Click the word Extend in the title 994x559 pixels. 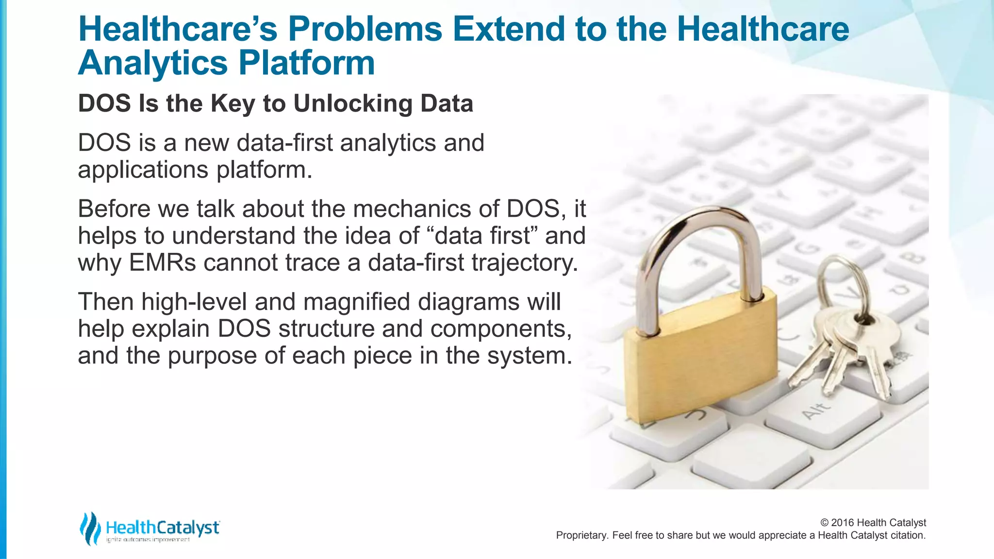coord(509,29)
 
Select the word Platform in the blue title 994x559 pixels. coord(306,63)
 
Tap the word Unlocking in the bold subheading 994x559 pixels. coord(353,103)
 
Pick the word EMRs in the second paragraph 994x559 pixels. coord(163,263)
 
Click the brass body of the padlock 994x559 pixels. coord(699,359)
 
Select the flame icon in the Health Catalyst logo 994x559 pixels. coord(90,528)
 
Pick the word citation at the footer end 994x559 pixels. coord(908,535)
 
